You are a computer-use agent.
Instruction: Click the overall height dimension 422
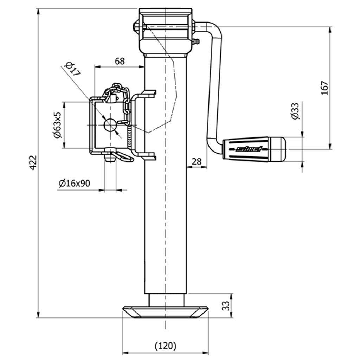point(33,162)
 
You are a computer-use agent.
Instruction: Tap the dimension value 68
point(120,61)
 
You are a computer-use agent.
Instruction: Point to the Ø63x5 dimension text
point(57,125)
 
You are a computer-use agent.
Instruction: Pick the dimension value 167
point(324,88)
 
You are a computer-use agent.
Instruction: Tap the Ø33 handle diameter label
point(295,111)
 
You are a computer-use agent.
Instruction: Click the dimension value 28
point(197,161)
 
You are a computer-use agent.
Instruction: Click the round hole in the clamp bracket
point(111,125)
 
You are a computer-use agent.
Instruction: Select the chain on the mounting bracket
point(125,102)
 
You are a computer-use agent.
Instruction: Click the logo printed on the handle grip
point(249,149)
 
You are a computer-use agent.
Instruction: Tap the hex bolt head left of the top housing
point(135,26)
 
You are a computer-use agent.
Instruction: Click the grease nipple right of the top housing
point(197,42)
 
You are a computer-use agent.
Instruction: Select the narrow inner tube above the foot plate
point(166,300)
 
